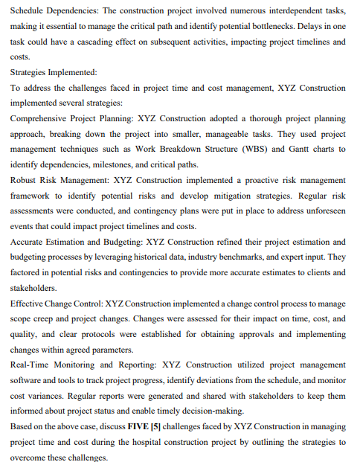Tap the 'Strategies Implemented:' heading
54,72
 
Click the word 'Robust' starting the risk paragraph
26,180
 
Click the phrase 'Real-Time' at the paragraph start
33,365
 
